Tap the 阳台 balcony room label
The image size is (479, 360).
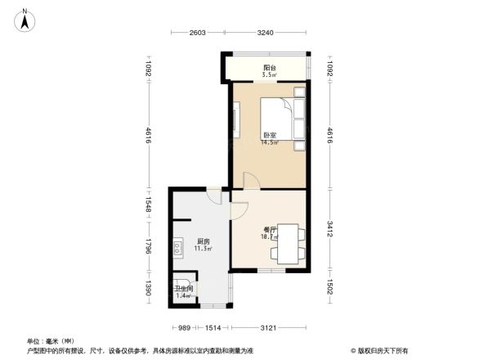coord(268,70)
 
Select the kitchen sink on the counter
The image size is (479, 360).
coord(178,246)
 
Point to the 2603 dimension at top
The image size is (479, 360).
coord(198,34)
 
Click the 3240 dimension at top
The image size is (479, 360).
coord(266,34)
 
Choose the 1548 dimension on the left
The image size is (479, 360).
coord(150,210)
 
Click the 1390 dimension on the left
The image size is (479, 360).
coord(150,289)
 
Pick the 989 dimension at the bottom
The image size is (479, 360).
coord(185,328)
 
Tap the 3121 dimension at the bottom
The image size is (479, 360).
coord(267,328)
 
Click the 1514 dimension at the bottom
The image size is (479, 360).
coord(213,328)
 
